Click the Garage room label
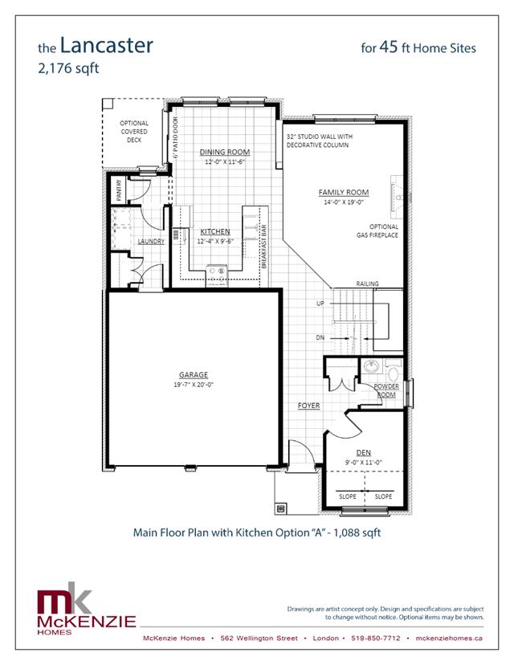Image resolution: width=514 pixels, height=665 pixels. pos(193,374)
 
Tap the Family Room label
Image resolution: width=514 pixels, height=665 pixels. pos(343,192)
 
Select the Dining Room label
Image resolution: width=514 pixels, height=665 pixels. pos(225,152)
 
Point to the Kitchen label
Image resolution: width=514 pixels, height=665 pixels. pos(215,231)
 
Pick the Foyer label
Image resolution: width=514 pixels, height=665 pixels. pos(308,406)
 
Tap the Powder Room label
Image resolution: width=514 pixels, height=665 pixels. pos(386,390)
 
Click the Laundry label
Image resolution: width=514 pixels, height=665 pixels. pos(151,241)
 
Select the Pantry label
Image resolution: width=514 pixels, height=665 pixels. pos(118,190)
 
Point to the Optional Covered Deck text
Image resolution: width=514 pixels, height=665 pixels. pos(134,131)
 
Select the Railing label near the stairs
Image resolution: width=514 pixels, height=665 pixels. pos(367,284)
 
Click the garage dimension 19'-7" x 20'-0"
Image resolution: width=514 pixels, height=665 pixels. pos(193,385)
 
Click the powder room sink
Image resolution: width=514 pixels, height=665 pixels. pos(370,368)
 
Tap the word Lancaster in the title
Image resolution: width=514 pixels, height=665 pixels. pos(106,46)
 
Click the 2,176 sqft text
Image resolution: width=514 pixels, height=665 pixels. pos(68,68)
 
